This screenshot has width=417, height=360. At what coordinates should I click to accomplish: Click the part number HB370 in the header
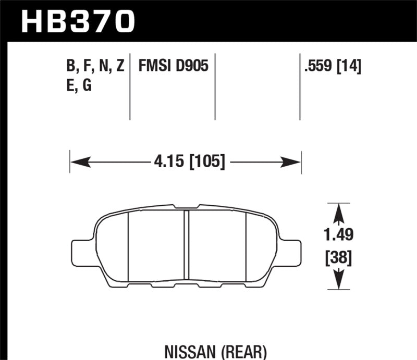click(x=78, y=21)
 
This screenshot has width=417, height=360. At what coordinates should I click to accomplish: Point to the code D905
click(x=192, y=66)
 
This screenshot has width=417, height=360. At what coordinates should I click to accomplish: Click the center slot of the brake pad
click(x=187, y=245)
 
